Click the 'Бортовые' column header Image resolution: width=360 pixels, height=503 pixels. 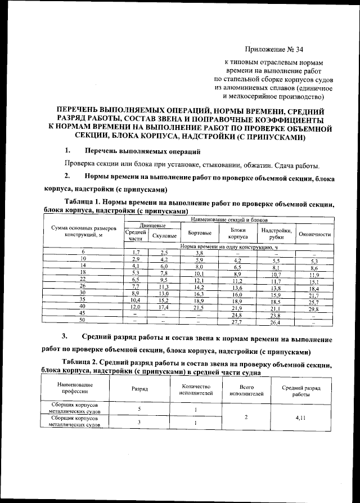point(200,233)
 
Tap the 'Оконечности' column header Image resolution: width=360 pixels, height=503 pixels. point(314,234)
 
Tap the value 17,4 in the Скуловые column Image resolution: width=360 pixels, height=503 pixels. point(164,308)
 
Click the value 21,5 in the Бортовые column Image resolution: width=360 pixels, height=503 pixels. point(199,308)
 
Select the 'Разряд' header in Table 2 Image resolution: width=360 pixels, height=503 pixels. point(139,389)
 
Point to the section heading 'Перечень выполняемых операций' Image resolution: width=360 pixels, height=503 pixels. point(142,152)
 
